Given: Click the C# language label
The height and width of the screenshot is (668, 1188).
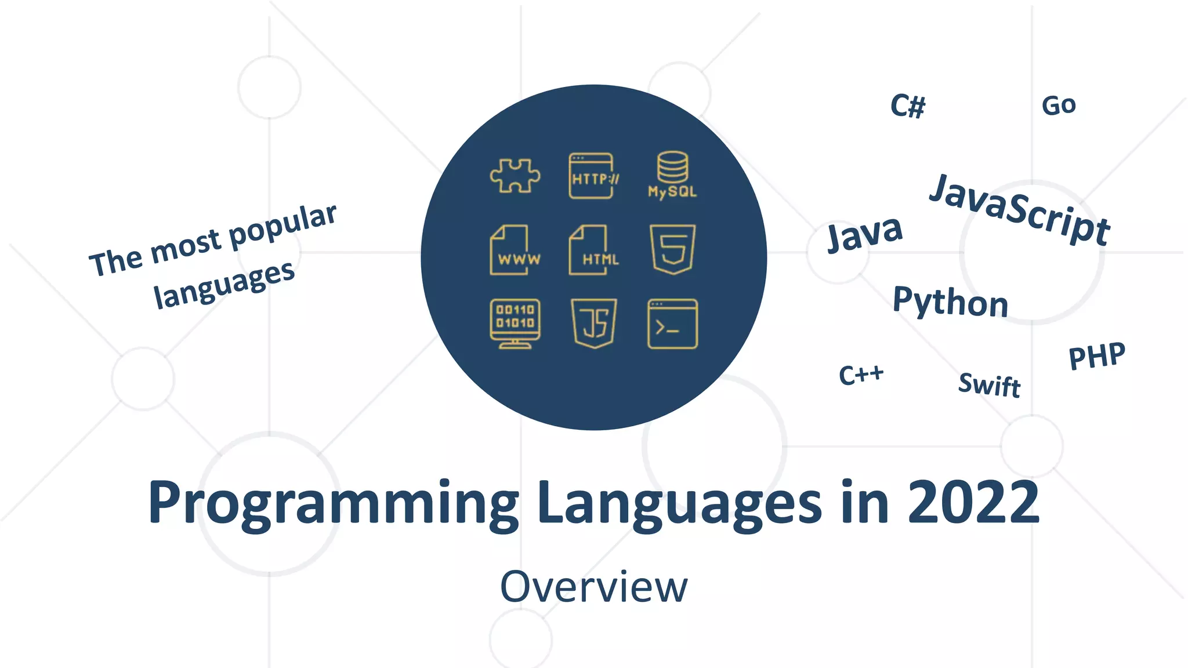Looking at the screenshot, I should point(908,106).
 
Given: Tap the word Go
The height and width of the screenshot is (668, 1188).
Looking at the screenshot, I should point(1059,106).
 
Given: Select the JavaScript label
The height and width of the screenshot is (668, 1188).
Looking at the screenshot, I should point(1020,210).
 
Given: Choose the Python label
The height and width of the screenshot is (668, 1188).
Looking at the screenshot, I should point(950,302).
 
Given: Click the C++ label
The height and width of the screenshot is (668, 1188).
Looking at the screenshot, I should point(861,375).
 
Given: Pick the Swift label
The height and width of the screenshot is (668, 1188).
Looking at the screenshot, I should point(989,384).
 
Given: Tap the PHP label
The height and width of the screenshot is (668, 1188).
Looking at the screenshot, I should point(1097,355).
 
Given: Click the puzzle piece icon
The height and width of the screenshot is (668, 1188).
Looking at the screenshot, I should point(515,175).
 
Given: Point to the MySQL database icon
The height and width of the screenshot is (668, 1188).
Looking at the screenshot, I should point(672,175).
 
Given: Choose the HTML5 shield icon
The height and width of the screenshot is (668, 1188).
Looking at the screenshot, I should point(672,249).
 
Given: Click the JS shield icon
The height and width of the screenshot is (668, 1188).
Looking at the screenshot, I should point(594,323).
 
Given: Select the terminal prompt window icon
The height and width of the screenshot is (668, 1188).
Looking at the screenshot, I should point(672,324).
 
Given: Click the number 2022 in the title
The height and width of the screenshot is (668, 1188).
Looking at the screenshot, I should point(973,502).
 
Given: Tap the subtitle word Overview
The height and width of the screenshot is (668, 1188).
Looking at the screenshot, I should point(593,587).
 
